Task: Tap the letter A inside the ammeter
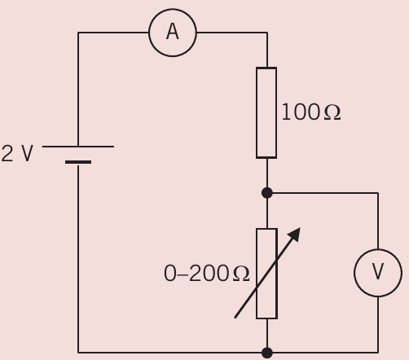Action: coord(173,32)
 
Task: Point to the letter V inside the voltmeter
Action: coord(378,271)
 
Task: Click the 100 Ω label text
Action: coord(311,112)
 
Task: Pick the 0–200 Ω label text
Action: coord(207,274)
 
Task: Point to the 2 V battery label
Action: coord(17,153)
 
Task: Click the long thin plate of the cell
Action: coord(78,147)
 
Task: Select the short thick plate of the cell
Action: coord(78,162)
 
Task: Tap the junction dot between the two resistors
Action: coord(267,193)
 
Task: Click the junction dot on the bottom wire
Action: coord(267,353)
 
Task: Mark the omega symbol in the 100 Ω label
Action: coord(332,112)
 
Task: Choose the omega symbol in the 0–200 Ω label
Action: coord(241,274)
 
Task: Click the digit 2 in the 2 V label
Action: coord(7,153)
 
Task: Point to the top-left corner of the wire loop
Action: coord(78,33)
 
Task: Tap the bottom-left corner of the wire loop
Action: coord(78,353)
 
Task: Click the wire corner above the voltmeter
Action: coord(378,193)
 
